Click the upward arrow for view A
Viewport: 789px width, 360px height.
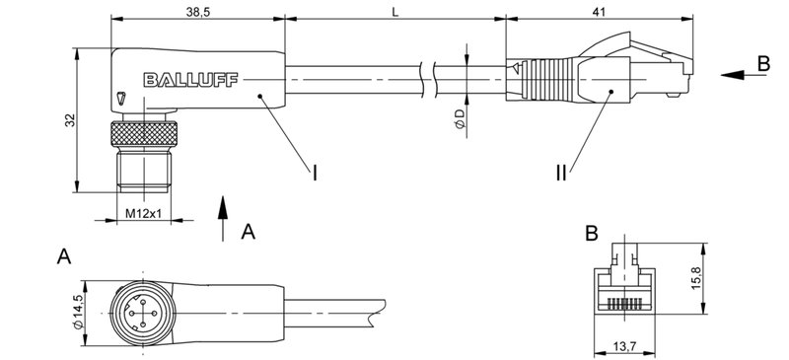point(224,218)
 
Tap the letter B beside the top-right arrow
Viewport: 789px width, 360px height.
point(762,63)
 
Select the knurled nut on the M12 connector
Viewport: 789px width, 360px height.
point(144,136)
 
